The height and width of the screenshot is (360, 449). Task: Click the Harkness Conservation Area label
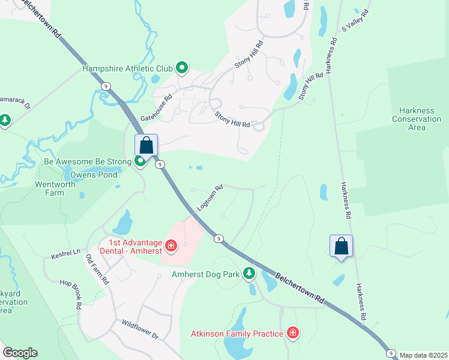(417, 119)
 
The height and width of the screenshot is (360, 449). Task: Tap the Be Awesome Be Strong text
(88, 162)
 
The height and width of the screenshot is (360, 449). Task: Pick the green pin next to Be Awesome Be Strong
(140, 161)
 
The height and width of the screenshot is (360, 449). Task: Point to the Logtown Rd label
(210, 197)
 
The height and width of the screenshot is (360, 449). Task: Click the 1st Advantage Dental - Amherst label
(135, 247)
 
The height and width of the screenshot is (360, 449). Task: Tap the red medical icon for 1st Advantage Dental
(171, 246)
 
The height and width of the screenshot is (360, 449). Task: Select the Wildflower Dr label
(139, 329)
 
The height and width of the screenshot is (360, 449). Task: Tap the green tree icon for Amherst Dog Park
(249, 274)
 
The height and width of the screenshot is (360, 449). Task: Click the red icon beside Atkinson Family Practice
(292, 332)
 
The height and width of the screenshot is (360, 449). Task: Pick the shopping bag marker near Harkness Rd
(341, 246)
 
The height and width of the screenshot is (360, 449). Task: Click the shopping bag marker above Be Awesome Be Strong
(146, 145)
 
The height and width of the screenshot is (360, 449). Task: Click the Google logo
(20, 353)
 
